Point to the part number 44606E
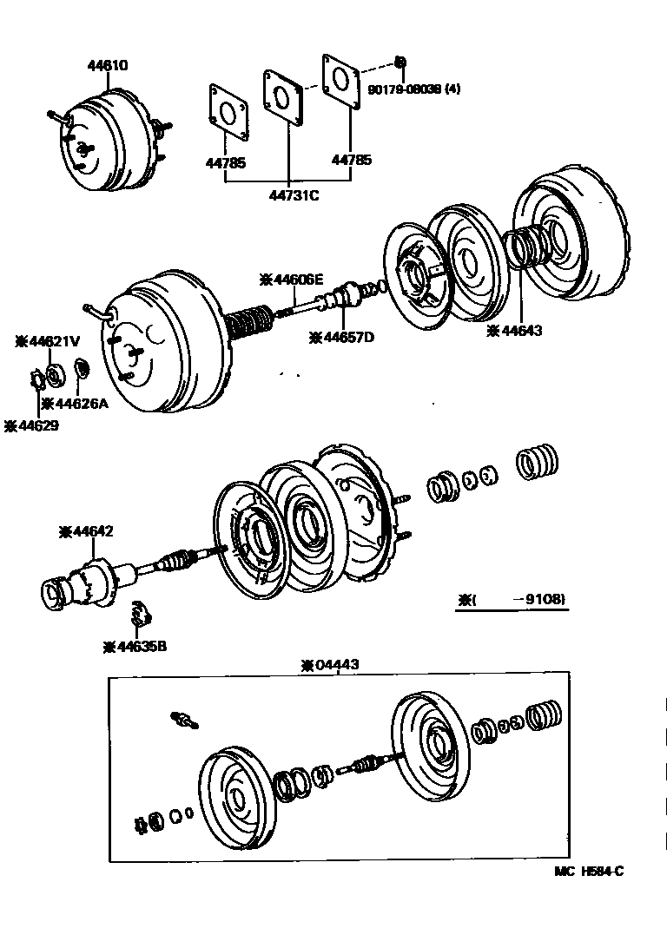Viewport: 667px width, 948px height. click(x=292, y=279)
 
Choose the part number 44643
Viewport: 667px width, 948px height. click(x=521, y=330)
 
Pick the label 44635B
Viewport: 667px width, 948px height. click(x=135, y=646)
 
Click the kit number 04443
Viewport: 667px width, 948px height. click(x=329, y=665)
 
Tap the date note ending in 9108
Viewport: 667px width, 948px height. click(x=517, y=599)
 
